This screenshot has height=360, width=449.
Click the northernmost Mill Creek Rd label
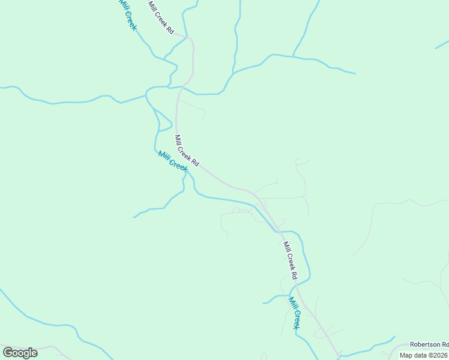point(160,17)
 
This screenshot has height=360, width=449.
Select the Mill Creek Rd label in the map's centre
point(186,151)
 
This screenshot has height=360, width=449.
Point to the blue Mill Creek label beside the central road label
point(173,161)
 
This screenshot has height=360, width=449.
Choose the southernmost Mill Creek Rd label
point(290,260)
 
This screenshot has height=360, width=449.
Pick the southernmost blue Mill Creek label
point(294,313)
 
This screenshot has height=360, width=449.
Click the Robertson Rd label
point(429,344)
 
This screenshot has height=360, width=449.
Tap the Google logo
point(20,352)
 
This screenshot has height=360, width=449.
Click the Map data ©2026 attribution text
point(423,355)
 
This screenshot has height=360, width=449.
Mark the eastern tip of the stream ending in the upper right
point(355,74)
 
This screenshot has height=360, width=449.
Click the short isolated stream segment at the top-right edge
point(442,45)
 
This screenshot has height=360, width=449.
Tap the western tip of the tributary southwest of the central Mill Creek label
point(133,217)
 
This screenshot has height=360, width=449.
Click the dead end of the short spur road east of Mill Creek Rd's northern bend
point(204,116)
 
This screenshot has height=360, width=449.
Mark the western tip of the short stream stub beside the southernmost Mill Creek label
point(263,303)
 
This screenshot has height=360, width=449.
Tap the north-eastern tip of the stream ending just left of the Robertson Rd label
point(395,337)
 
